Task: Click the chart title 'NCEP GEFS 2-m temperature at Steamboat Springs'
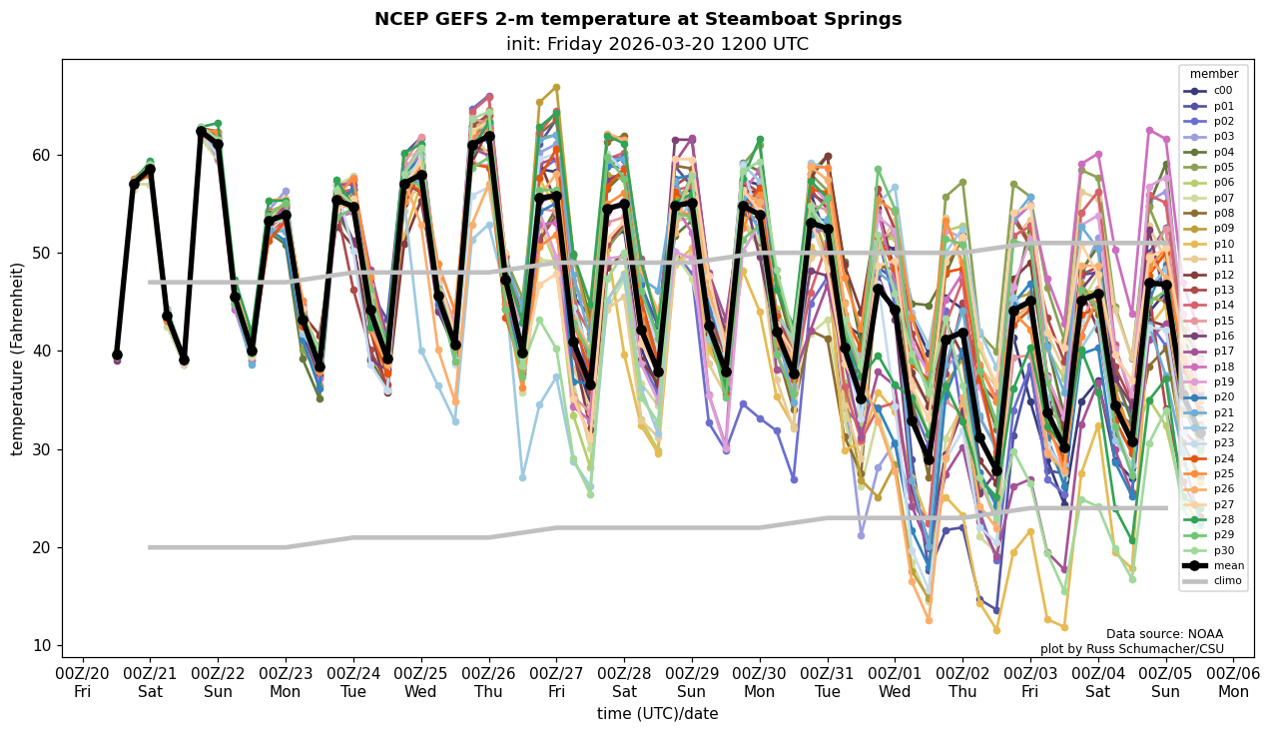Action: (637, 19)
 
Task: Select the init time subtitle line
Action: (657, 44)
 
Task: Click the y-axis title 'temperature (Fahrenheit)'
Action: (17, 359)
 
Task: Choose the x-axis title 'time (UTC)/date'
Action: (657, 714)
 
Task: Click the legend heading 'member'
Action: (1213, 74)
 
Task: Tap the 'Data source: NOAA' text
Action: (1164, 634)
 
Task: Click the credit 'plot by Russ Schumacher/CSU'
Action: (1131, 649)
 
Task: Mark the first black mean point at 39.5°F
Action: (117, 355)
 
